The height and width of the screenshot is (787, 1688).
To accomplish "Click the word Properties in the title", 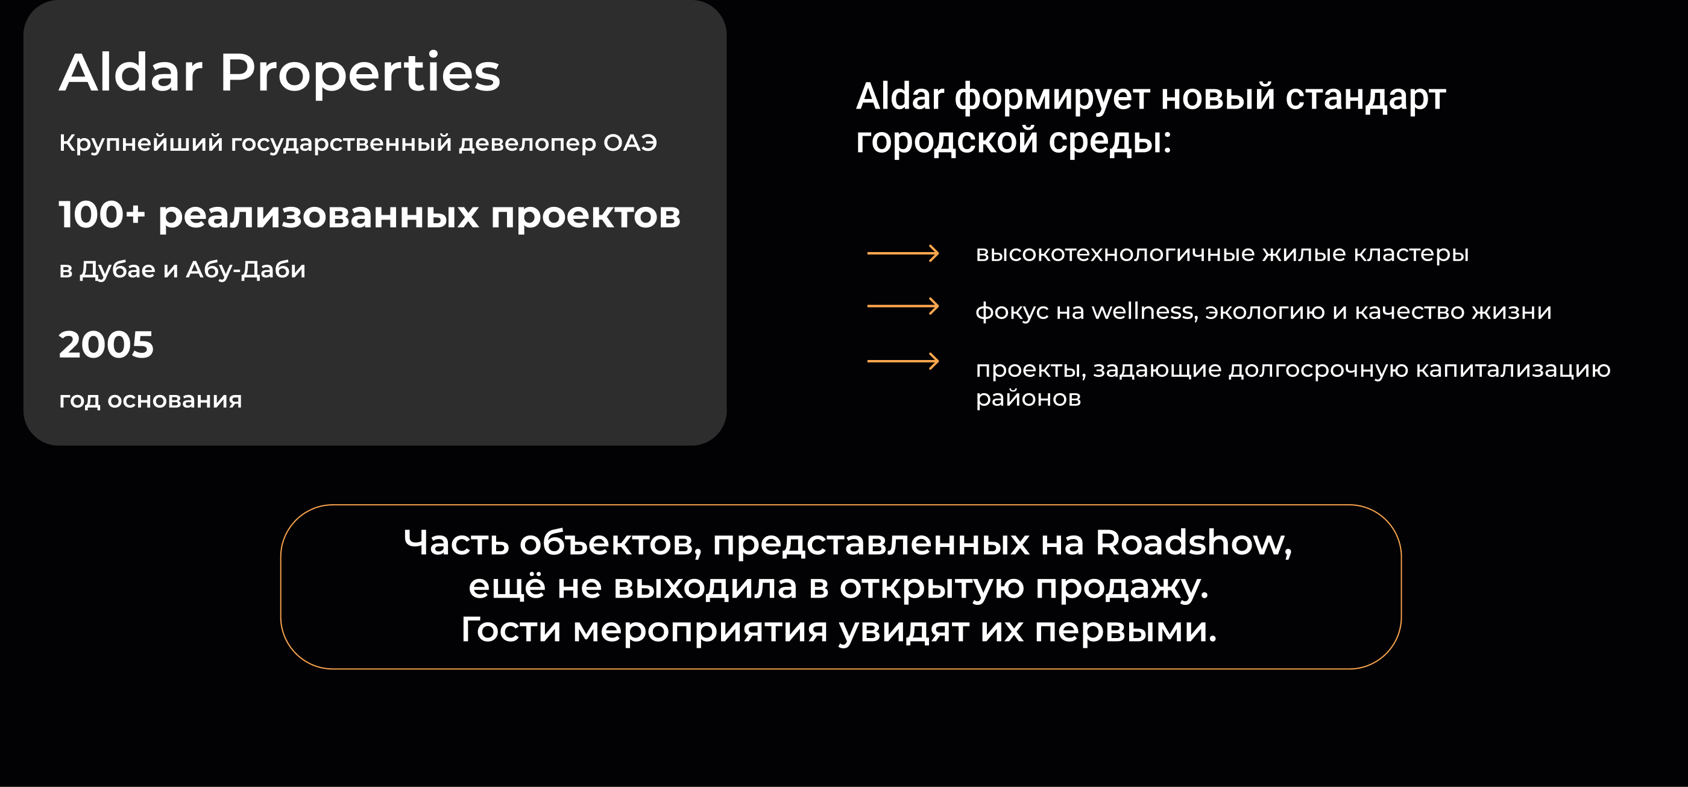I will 360,74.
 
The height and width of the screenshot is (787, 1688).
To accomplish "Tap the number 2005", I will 106,345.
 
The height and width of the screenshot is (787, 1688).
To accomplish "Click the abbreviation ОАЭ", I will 630,143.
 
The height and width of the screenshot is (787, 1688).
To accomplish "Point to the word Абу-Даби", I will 246,270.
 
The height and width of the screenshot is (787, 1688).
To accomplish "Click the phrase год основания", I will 150,400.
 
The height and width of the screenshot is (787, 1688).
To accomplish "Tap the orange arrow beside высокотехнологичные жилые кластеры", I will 903,253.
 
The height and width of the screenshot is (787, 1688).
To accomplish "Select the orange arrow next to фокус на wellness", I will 903,306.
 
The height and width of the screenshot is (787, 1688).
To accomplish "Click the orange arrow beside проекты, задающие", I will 903,361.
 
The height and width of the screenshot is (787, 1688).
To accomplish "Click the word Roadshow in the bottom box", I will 1192,543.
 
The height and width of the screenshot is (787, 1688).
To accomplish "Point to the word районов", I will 1027,399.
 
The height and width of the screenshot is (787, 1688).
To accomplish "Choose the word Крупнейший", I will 141,143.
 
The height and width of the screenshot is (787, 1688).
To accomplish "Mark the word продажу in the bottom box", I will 1121,587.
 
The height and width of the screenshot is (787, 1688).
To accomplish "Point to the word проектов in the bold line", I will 585,215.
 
